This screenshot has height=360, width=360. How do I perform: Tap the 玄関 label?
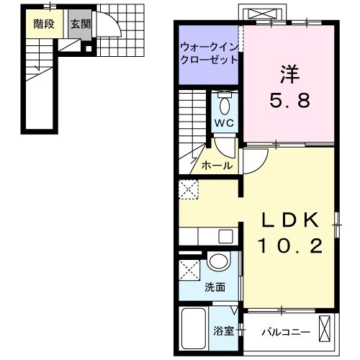pos(80,23)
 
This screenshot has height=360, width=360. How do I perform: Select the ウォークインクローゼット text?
pos(209,53)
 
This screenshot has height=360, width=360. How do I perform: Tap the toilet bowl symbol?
pos(225,105)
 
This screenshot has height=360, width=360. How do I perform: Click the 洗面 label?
pos(215,287)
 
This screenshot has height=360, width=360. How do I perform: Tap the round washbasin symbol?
pos(218,263)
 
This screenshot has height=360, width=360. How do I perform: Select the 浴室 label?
pos(223,331)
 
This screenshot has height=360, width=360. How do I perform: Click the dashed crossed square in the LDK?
pos(189,190)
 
